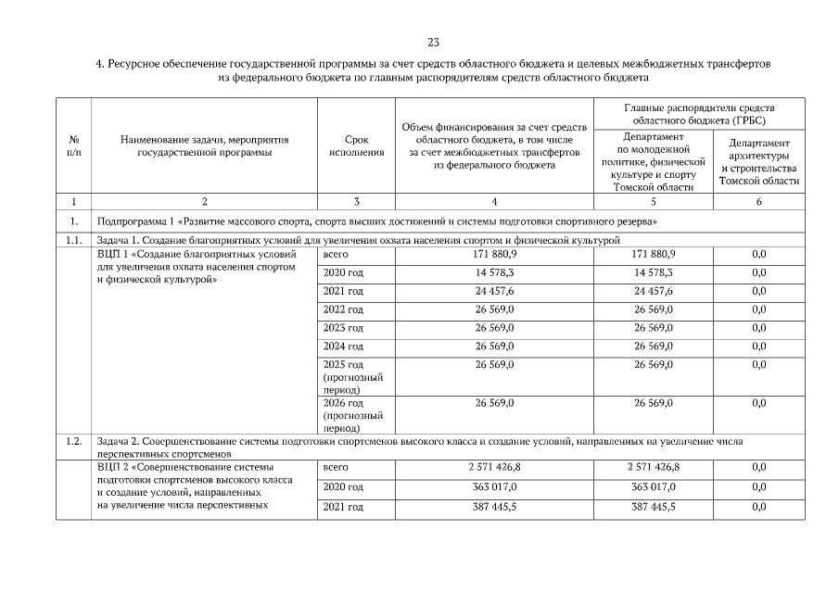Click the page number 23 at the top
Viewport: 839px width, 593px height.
pos(433,43)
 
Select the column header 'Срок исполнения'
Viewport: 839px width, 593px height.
pos(357,146)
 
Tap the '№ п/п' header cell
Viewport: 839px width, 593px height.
pos(73,146)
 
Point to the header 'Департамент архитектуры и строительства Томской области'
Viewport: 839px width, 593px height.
pos(758,162)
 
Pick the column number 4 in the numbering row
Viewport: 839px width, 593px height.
pos(493,201)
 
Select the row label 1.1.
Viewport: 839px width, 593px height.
pos(73,240)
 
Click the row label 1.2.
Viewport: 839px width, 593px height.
pos(73,441)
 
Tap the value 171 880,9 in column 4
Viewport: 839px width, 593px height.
pos(495,253)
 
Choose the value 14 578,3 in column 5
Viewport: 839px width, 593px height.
pos(653,272)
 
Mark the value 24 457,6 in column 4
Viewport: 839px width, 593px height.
pos(495,291)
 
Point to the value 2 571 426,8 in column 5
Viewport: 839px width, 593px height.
pos(653,468)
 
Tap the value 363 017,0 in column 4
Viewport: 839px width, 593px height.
pos(495,486)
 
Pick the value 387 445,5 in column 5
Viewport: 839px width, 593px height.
pos(653,506)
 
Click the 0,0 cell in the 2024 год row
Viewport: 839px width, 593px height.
pos(758,347)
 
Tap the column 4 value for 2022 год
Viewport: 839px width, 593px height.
pos(495,309)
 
